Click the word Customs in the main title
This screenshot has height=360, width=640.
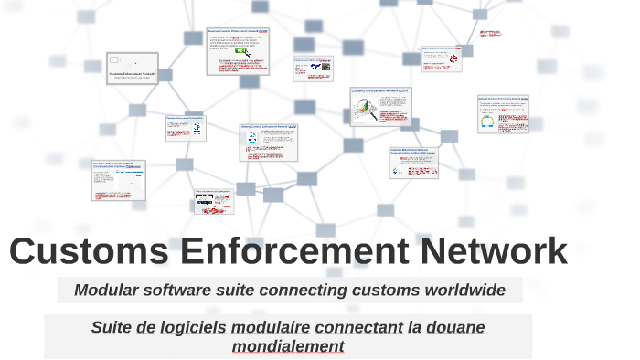(x=90, y=251)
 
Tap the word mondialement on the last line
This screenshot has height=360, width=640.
(x=288, y=346)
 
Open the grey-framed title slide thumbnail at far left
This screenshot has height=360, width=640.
(x=133, y=69)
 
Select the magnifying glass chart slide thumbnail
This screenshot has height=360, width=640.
(x=379, y=106)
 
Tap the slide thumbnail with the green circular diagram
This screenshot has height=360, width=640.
(x=503, y=115)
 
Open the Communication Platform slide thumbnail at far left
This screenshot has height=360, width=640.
(x=119, y=179)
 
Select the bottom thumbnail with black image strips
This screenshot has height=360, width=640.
(x=213, y=202)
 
